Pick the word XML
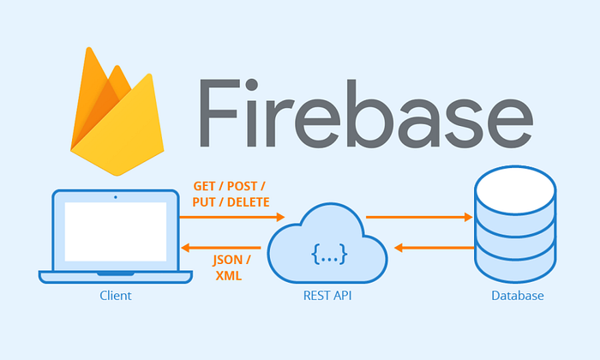click(228, 276)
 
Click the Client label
click(115, 297)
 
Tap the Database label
click(517, 297)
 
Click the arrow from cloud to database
click(419, 218)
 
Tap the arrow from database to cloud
click(433, 247)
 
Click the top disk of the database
click(517, 184)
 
